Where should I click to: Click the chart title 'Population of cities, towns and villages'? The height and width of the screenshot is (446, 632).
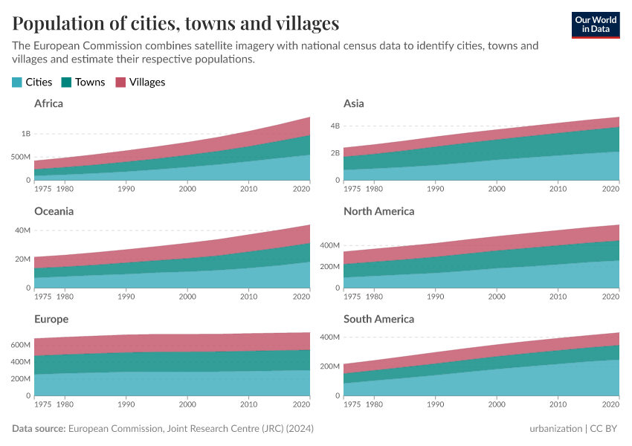(x=175, y=23)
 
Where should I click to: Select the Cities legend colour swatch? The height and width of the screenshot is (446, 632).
(x=17, y=83)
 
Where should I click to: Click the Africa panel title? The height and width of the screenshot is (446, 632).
(x=48, y=103)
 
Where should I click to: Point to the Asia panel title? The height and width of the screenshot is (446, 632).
(x=353, y=103)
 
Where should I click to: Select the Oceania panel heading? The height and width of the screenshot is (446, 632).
(x=54, y=211)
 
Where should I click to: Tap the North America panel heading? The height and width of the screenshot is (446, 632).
(x=378, y=211)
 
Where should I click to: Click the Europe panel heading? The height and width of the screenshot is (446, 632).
(x=51, y=319)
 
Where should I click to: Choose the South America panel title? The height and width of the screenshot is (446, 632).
(x=378, y=319)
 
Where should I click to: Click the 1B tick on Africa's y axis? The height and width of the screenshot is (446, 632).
(x=26, y=134)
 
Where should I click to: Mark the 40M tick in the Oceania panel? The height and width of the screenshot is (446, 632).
(x=23, y=230)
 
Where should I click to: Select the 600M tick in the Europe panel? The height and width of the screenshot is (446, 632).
(x=21, y=346)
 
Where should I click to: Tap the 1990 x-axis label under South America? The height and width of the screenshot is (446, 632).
(x=436, y=405)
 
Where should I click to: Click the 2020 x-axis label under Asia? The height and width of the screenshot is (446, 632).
(x=610, y=190)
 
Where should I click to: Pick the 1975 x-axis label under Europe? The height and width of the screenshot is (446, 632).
(x=43, y=405)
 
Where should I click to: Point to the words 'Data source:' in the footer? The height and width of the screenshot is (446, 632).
(x=39, y=429)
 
